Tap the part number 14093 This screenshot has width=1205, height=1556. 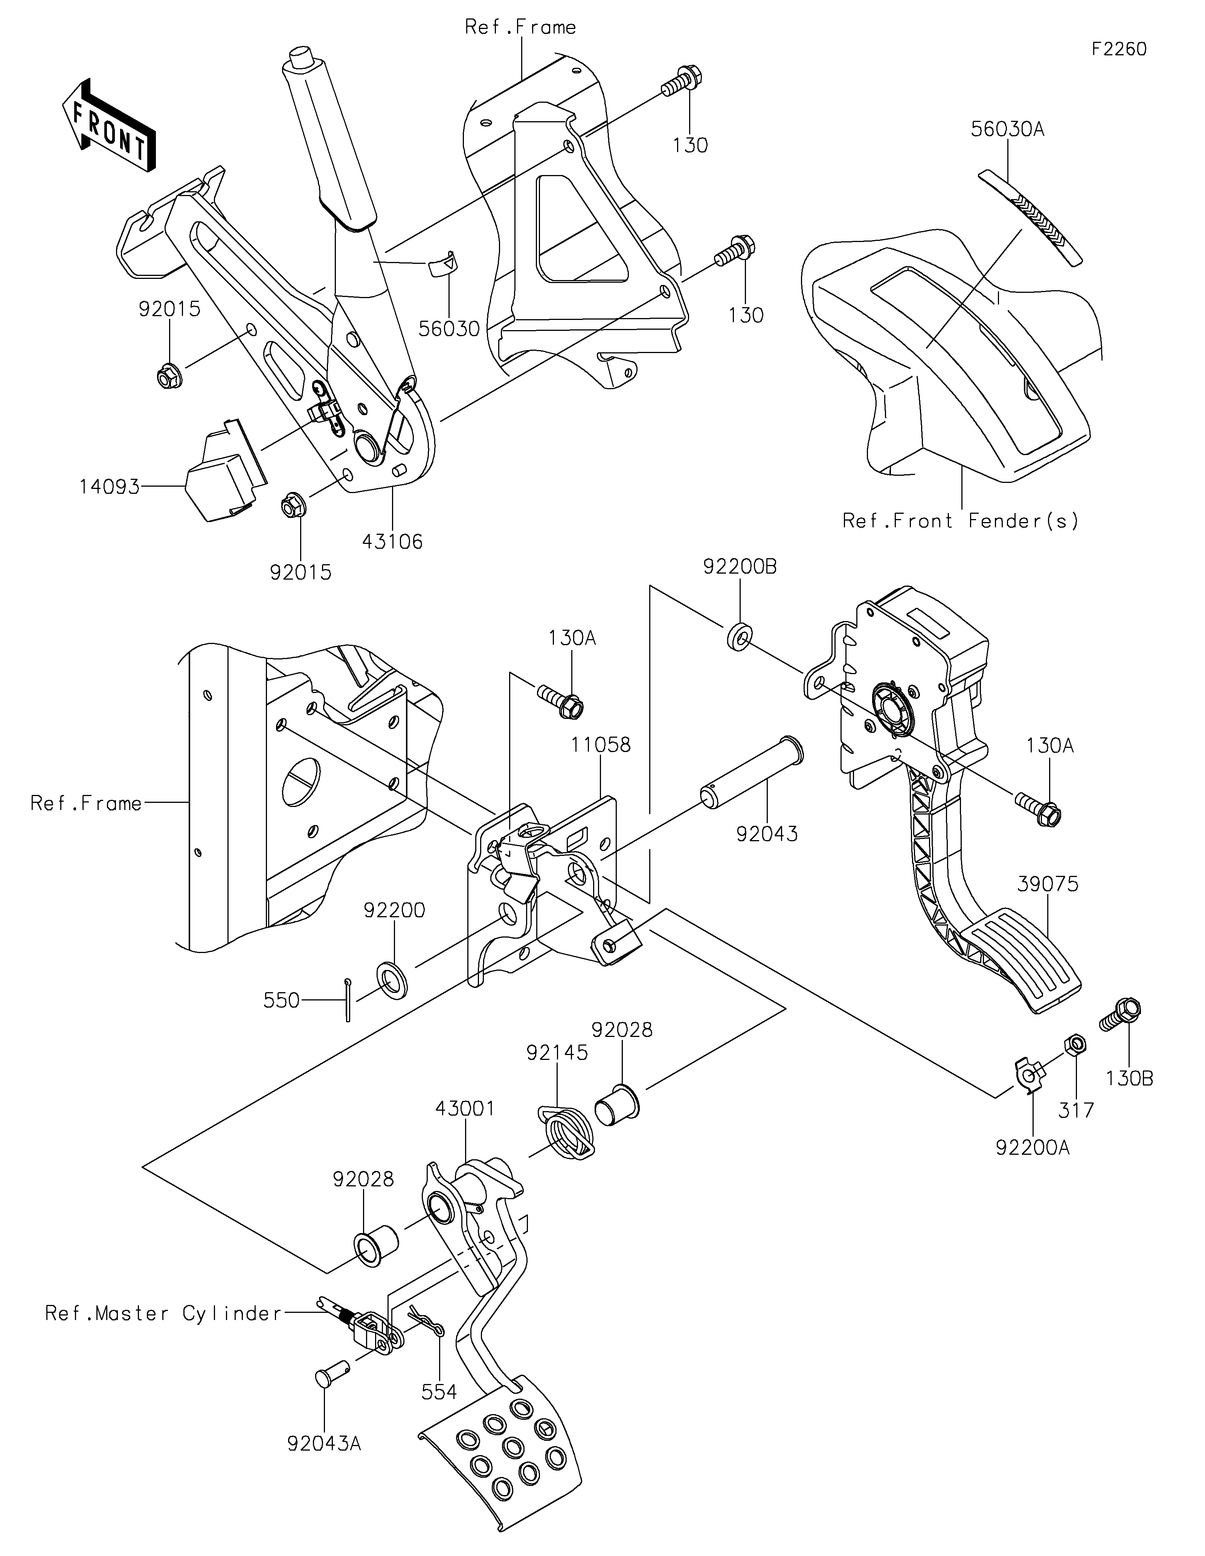coord(109,487)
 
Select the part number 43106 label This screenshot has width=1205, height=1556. coord(392,542)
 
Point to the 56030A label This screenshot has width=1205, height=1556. coord(1008,129)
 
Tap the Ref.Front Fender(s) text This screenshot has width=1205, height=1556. coord(961,521)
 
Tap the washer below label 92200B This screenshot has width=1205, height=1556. coord(739,636)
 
